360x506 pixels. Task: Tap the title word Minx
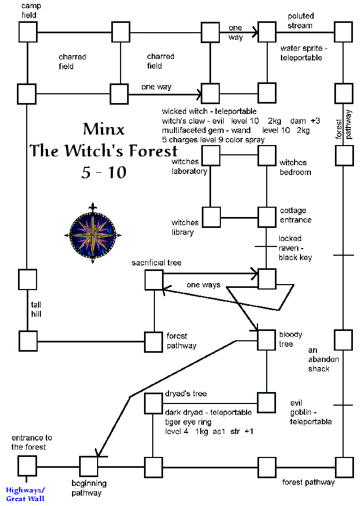(104, 129)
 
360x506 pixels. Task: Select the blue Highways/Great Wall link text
(25, 495)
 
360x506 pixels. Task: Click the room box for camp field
(27, 32)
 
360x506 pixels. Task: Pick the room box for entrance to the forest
(27, 467)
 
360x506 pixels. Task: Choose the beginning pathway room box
(88, 467)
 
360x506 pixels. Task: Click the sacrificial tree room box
(154, 280)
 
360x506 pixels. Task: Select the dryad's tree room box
(154, 403)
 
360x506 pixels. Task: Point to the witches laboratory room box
(211, 156)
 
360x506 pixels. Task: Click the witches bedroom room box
(267, 156)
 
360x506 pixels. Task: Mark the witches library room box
(211, 216)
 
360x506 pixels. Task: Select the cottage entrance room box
(267, 216)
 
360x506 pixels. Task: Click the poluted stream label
(301, 21)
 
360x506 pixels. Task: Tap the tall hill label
(36, 310)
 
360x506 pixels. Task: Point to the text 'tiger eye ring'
(188, 421)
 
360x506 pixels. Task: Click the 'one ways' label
(203, 285)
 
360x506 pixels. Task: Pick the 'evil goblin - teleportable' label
(310, 412)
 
